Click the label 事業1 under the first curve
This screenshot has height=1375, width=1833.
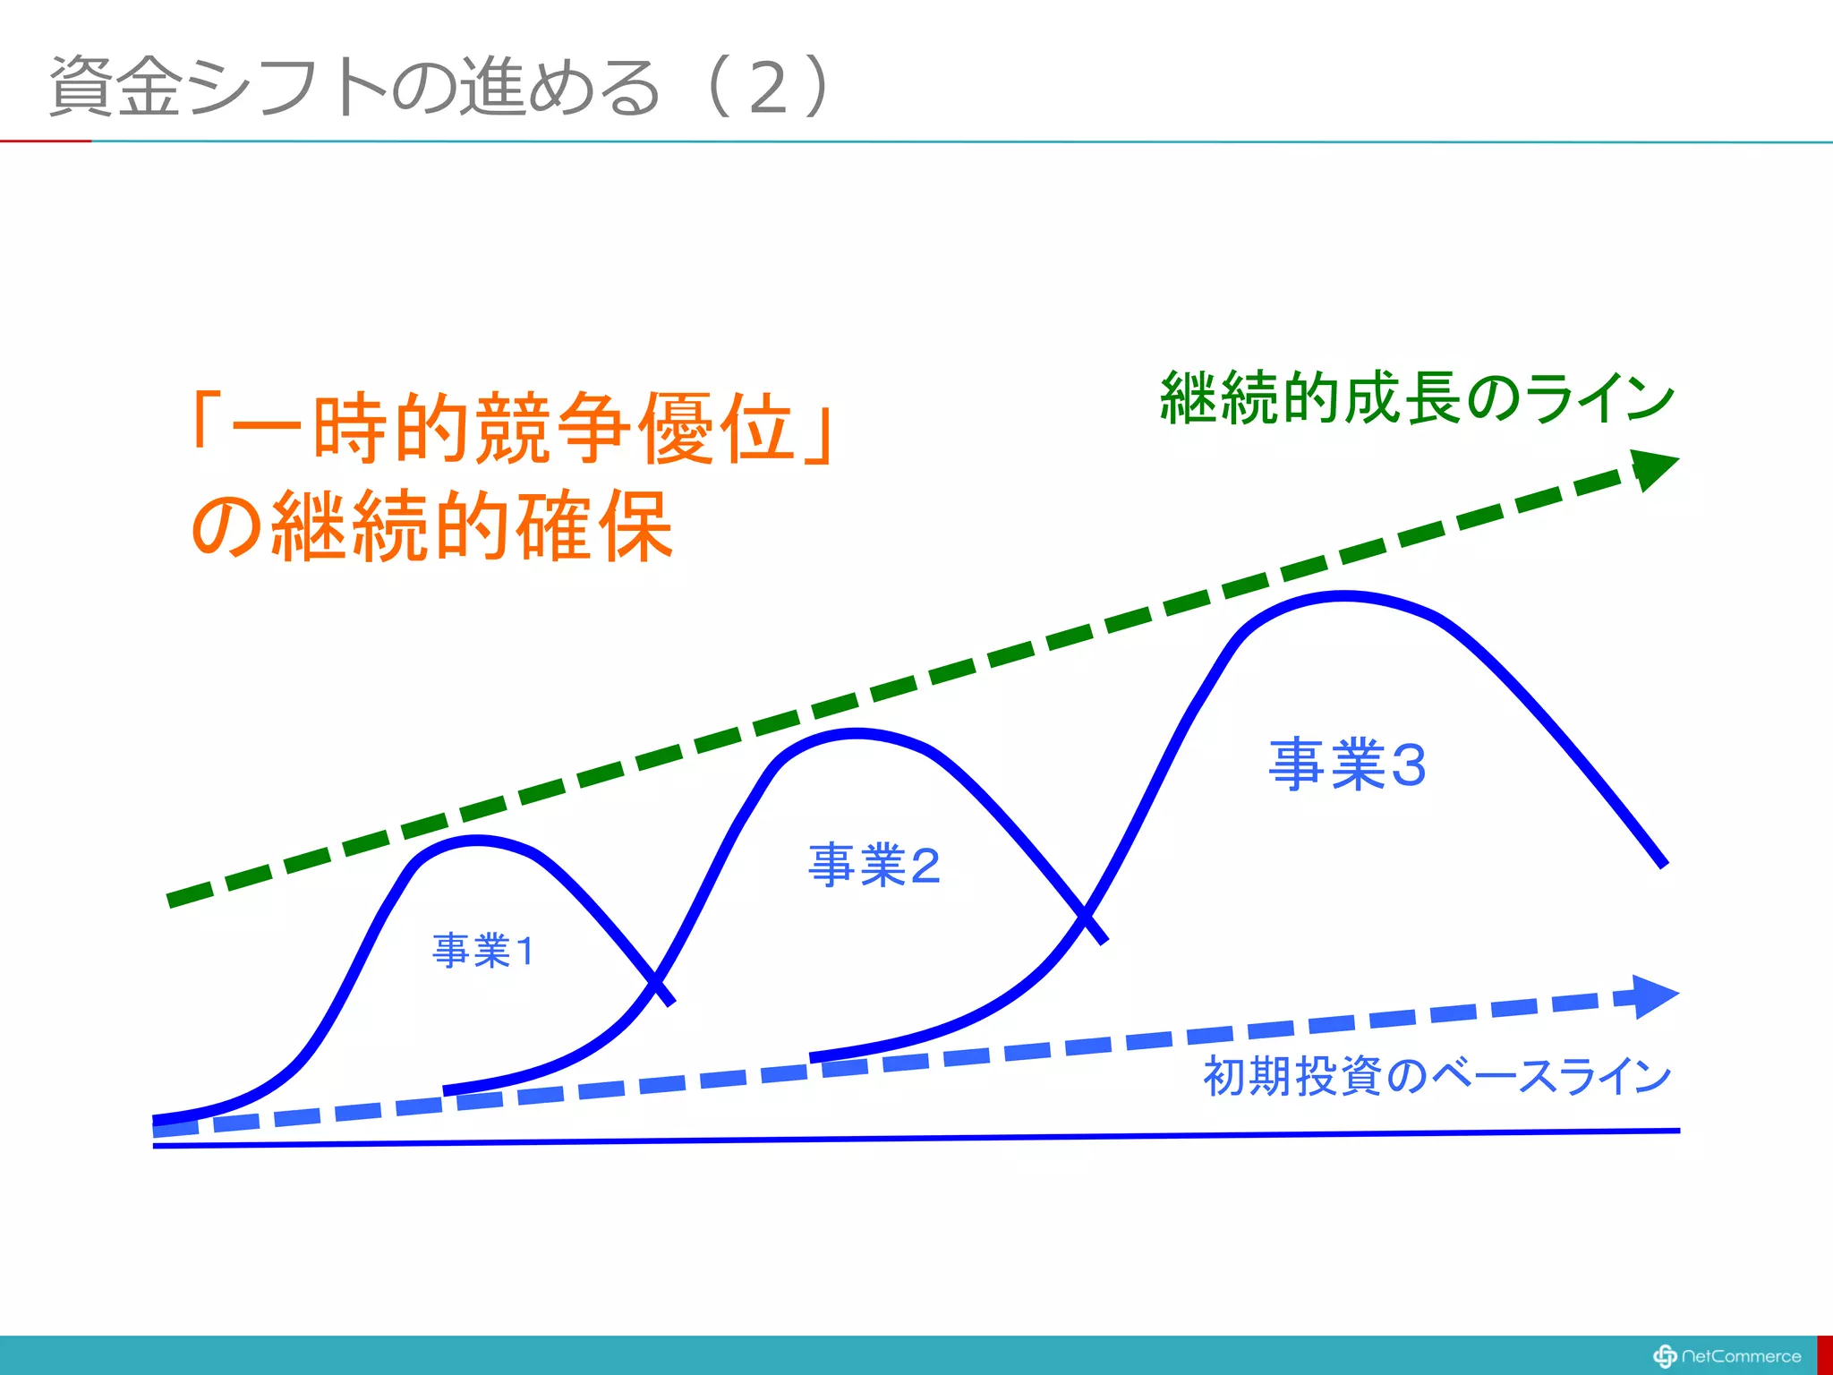(483, 951)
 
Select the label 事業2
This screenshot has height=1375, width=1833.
(874, 866)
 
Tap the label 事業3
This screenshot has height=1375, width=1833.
(1347, 764)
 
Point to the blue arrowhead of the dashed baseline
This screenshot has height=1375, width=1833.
(1654, 996)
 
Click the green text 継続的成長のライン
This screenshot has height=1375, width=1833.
(1417, 397)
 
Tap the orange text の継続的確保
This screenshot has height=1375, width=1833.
(432, 526)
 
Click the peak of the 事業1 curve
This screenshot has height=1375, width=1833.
(476, 840)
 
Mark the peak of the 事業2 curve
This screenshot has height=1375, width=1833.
(857, 734)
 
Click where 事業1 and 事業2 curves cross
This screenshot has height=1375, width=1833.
(655, 981)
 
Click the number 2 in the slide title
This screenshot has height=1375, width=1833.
(768, 88)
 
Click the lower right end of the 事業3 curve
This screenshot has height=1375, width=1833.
(1663, 864)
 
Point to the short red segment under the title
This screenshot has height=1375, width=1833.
(45, 141)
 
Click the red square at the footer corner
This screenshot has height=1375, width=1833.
(1825, 1355)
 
